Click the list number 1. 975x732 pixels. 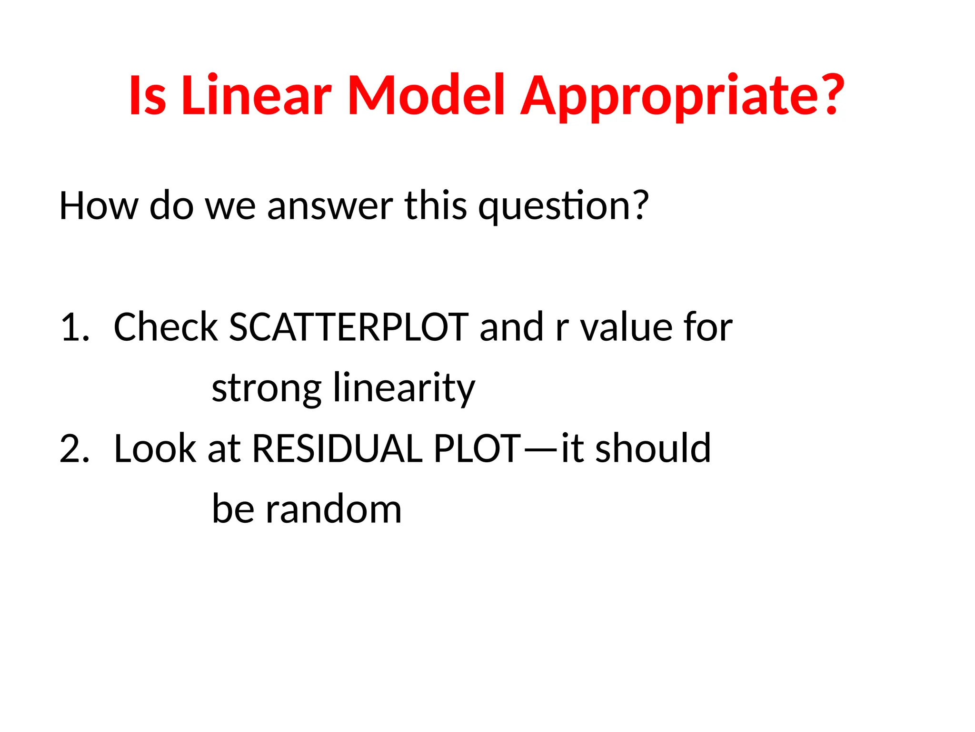(74, 327)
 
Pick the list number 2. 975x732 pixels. (74, 449)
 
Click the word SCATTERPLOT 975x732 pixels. (348, 327)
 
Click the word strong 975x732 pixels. (267, 388)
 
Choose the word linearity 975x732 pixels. (404, 388)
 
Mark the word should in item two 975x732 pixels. (653, 449)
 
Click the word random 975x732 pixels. (333, 509)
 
